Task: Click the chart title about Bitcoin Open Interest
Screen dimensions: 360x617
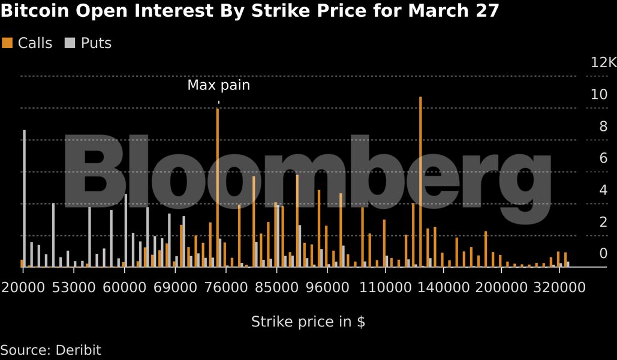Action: [249, 11]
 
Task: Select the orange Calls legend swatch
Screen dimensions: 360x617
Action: [7, 43]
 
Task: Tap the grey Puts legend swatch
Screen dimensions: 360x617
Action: [70, 43]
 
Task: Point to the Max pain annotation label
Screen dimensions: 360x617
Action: [218, 85]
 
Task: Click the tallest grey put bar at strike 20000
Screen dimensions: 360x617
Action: [25, 198]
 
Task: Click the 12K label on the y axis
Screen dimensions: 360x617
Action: [603, 62]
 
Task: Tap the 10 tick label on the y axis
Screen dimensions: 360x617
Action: [599, 94]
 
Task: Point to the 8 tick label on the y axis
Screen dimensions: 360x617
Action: [603, 126]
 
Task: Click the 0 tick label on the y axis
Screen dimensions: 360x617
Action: [603, 253]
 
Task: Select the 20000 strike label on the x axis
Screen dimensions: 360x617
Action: [23, 287]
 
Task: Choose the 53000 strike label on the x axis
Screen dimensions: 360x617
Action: [74, 287]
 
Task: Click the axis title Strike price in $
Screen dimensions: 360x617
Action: [308, 322]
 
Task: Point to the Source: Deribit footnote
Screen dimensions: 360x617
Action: [50, 350]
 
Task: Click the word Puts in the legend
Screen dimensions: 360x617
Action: [96, 43]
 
